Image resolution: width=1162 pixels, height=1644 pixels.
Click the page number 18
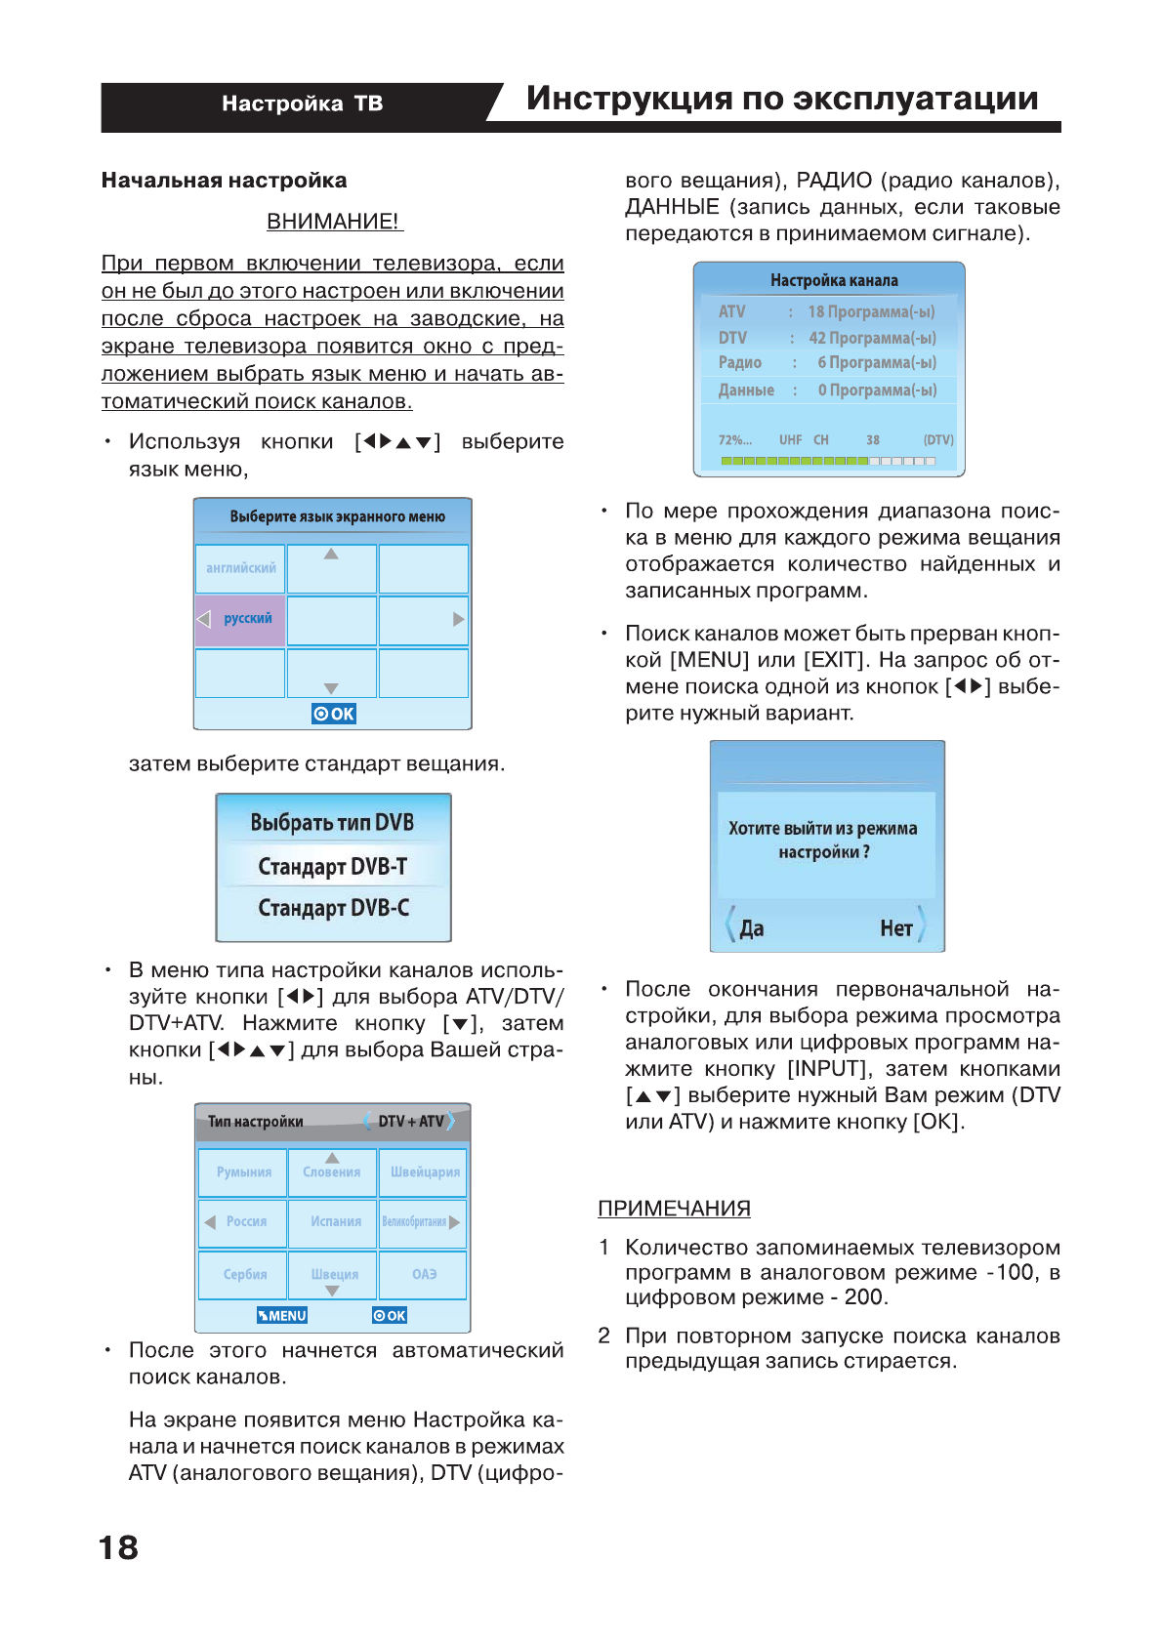pos(118,1547)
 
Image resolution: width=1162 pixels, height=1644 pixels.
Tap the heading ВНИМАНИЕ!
pos(334,222)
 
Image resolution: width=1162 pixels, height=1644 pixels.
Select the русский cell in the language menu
pos(241,619)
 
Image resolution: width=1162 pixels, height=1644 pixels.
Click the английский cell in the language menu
pos(240,568)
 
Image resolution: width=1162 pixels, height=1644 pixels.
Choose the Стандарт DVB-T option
pos(333,867)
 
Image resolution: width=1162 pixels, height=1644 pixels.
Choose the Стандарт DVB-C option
pos(333,908)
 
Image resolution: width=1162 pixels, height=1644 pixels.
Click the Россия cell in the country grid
pos(243,1222)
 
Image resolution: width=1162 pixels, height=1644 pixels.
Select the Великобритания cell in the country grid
pos(417,1222)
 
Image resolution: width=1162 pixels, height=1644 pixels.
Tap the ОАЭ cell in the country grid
pos(424,1274)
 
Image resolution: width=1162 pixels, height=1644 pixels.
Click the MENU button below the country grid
pos(282,1316)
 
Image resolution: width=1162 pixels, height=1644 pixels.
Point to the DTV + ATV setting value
pos(410,1122)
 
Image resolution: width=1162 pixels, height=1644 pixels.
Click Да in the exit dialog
pos(751,928)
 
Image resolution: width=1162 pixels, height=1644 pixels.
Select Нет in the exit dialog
pos(896,928)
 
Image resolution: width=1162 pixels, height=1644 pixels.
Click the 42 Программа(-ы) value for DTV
pos(872,338)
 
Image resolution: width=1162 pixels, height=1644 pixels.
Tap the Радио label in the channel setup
pos(740,363)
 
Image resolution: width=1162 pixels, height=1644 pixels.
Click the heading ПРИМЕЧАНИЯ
pos(674,1209)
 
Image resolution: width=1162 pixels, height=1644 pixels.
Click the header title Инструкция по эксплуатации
pos(782,99)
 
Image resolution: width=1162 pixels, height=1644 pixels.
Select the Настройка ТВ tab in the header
pos(302,103)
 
